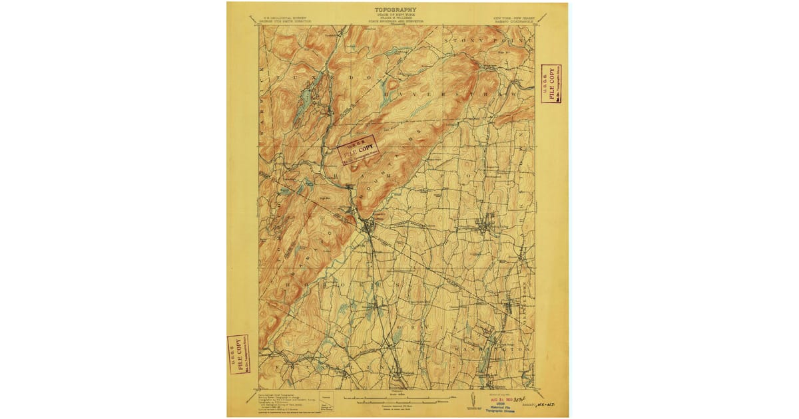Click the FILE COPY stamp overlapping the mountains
[356, 150]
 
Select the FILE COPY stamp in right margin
[551, 84]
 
